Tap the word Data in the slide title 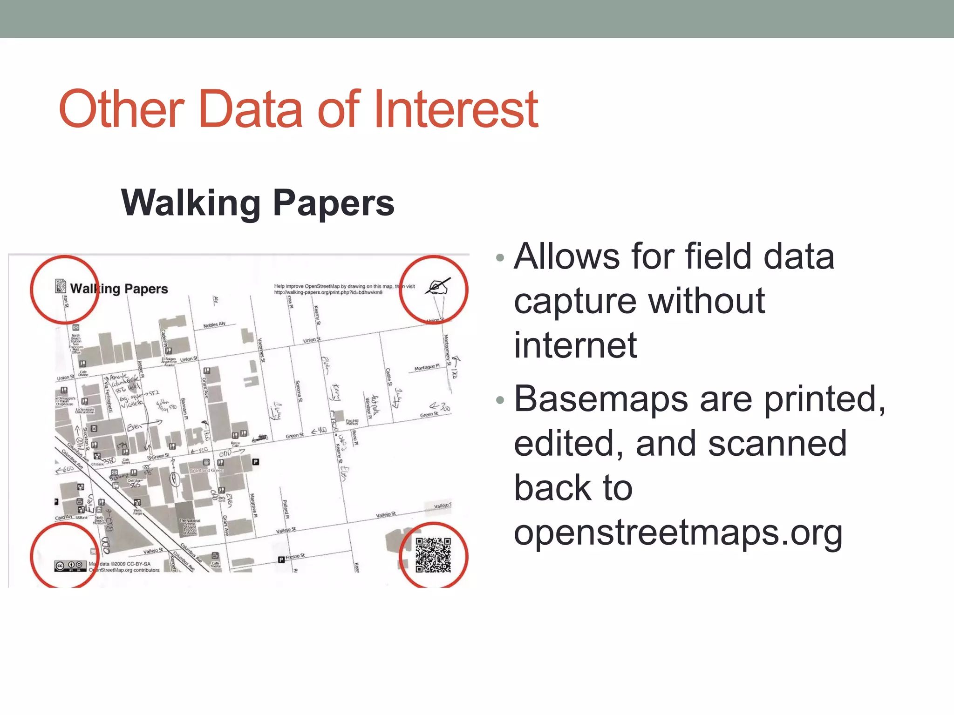coord(251,109)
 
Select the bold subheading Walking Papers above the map coord(258,203)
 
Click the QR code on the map coord(433,555)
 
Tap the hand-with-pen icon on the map coord(437,287)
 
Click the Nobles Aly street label coord(214,324)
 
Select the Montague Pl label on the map coord(427,368)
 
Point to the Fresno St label coord(295,556)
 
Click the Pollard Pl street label coord(286,510)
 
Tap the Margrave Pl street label coord(253,505)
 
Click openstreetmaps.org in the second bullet coord(678,533)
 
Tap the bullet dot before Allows coord(500,258)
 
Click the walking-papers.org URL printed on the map coord(328,292)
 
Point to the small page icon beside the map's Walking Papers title coord(60,286)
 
